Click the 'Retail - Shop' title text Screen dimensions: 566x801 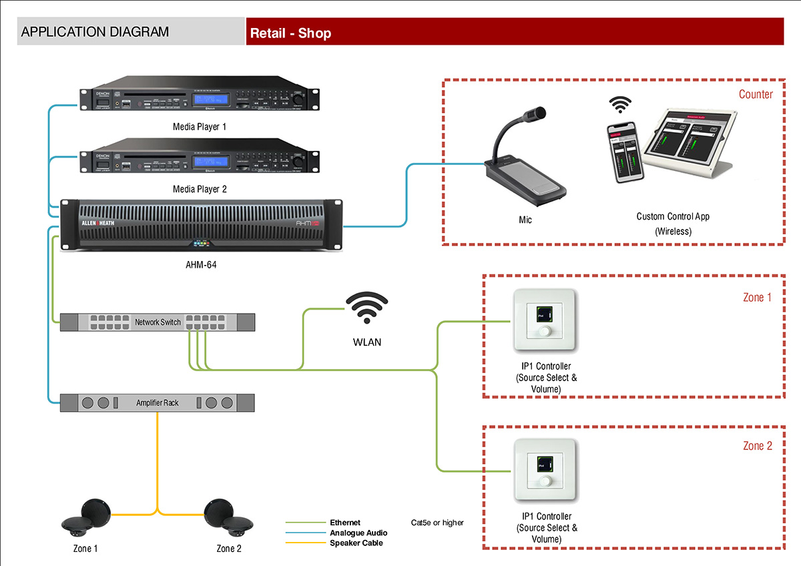pos(290,33)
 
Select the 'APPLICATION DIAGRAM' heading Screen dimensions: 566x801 pos(95,32)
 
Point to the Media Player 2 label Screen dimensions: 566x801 pos(200,189)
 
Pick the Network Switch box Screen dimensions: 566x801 pos(158,322)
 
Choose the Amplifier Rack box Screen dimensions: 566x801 pos(158,402)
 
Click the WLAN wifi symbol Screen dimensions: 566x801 pos(366,310)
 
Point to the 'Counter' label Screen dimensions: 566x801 pos(756,94)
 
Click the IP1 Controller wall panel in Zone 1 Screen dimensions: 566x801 pos(545,320)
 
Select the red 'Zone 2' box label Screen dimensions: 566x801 pos(757,446)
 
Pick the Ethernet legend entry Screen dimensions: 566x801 pos(344,523)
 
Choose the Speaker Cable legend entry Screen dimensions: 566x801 pos(356,543)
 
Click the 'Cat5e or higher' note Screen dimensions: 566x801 pos(437,523)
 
